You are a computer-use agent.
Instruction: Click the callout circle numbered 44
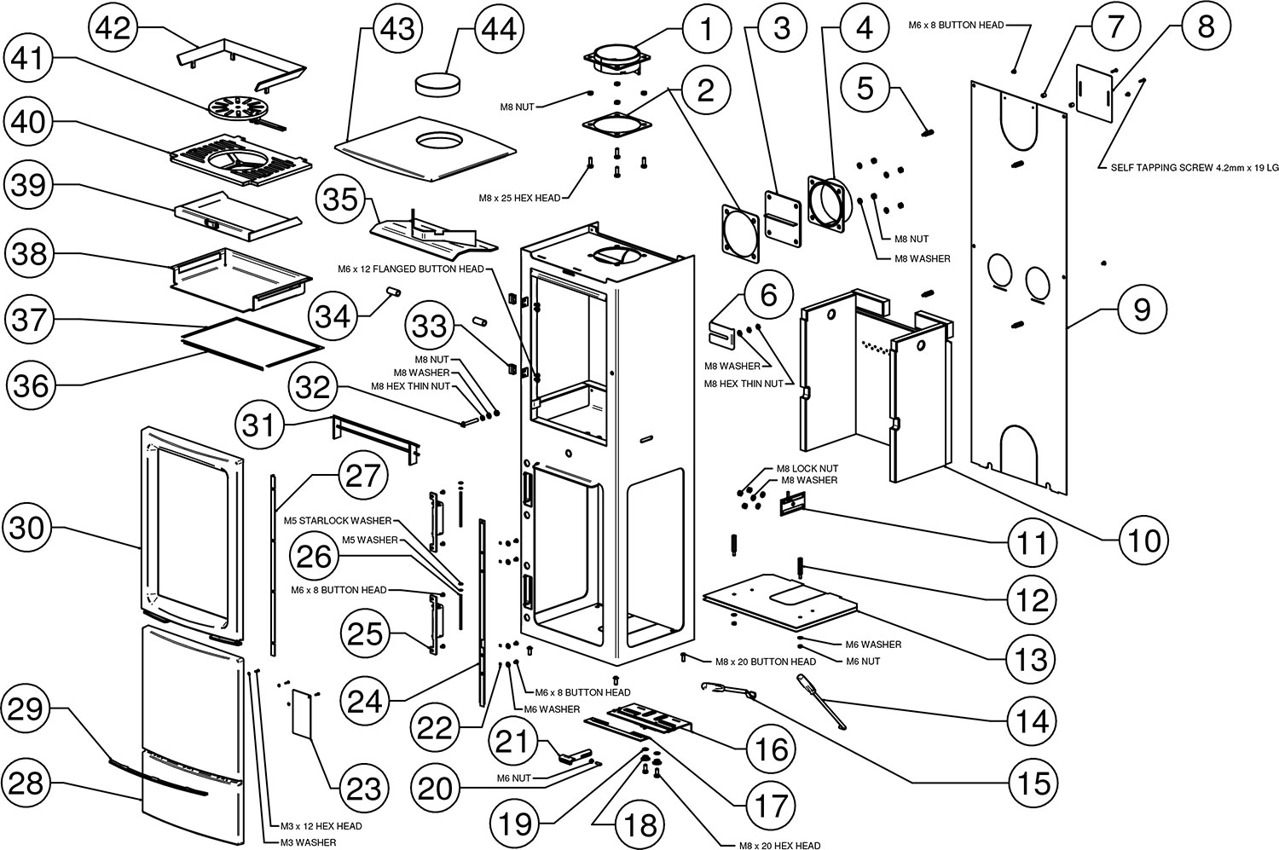coord(499,28)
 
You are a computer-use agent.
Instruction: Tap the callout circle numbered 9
coord(1142,310)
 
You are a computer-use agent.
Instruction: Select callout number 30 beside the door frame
coord(26,528)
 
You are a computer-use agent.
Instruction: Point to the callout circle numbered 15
coord(1033,784)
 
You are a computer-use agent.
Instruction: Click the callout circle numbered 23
coord(364,789)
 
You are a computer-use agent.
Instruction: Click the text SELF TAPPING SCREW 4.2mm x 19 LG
coord(1194,168)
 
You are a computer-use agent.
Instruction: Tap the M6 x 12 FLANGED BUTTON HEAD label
coord(410,269)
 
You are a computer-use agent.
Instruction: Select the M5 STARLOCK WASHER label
coord(338,521)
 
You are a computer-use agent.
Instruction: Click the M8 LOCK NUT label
coord(807,469)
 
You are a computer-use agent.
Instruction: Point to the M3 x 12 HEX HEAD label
coord(321,826)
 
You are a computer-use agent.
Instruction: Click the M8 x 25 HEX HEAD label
coord(519,198)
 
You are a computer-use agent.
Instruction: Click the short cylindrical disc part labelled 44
coord(437,86)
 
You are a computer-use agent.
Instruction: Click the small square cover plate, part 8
coord(1094,93)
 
